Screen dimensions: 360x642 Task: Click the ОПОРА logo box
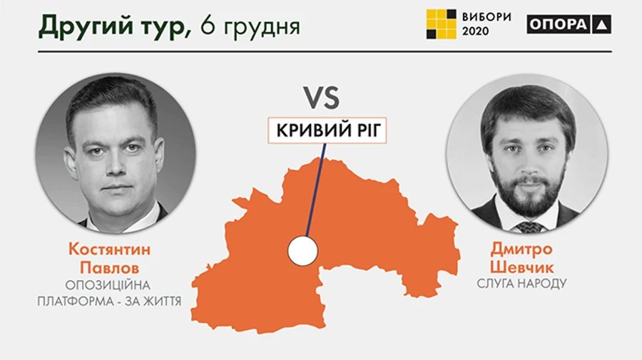click(569, 24)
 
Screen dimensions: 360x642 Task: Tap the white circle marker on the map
click(302, 250)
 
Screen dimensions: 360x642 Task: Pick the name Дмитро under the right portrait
click(521, 250)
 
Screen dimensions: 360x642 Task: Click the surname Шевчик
click(521, 267)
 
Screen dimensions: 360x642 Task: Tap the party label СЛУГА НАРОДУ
click(521, 284)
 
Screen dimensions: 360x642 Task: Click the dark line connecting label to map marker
click(315, 189)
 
